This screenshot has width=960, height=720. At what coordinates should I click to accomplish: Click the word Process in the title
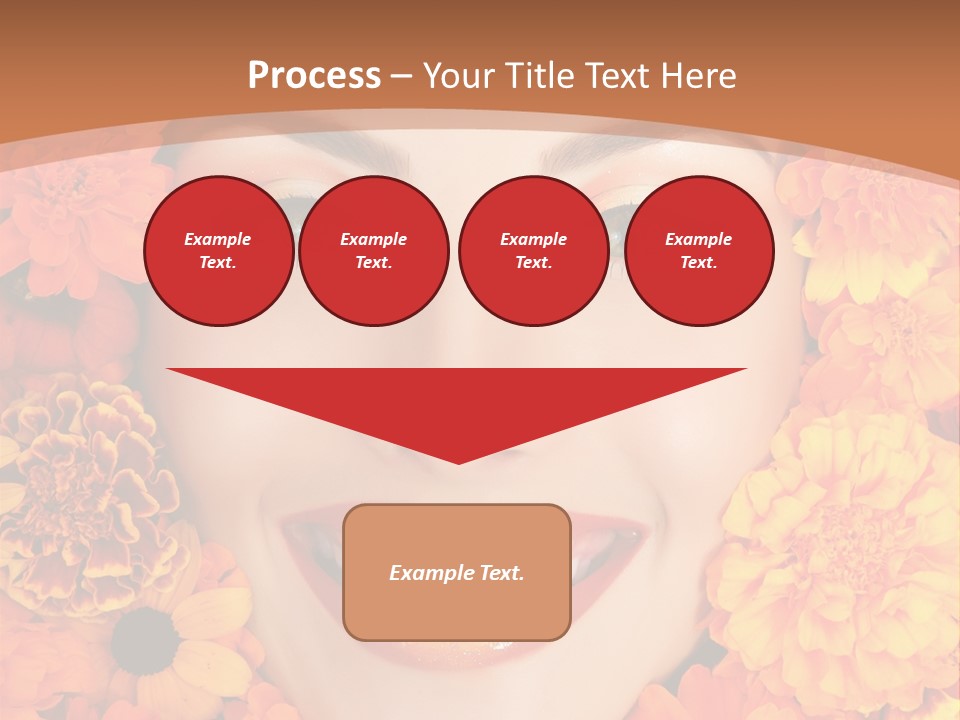(314, 76)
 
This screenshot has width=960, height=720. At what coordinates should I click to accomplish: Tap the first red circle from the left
(218, 250)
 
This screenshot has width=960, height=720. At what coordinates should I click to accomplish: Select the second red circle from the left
(373, 250)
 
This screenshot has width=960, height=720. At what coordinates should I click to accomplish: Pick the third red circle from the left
(533, 250)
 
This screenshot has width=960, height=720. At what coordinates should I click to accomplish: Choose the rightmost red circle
(698, 250)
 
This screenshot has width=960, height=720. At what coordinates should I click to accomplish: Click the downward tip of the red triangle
(458, 461)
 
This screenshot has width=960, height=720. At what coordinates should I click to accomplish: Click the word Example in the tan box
(430, 573)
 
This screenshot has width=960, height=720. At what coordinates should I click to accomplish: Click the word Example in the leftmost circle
(218, 239)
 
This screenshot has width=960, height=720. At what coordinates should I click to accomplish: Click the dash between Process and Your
(401, 76)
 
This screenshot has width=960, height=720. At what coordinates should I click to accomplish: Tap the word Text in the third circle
(532, 263)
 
